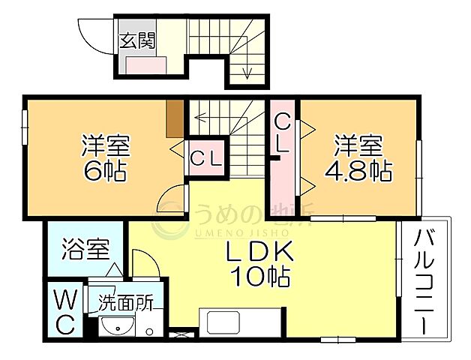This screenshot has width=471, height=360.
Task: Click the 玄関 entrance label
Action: (x=136, y=40)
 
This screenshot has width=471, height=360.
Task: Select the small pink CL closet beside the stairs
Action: (x=205, y=159)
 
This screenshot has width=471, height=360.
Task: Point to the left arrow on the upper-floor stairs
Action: (x=198, y=117)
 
